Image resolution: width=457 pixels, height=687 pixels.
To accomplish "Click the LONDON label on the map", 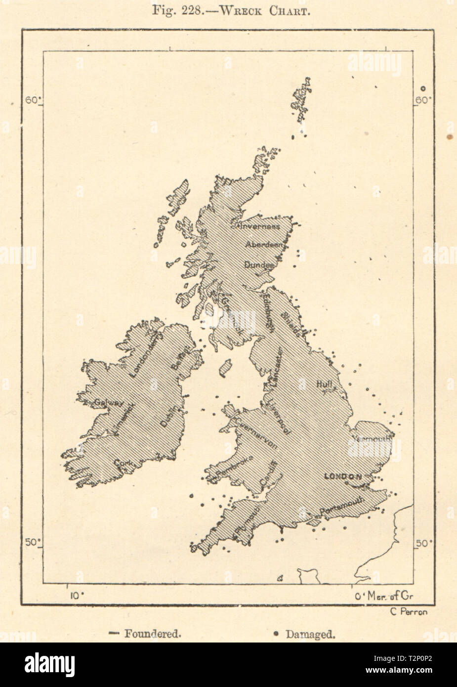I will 342,476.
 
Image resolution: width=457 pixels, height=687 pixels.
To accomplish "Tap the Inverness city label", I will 259,227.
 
